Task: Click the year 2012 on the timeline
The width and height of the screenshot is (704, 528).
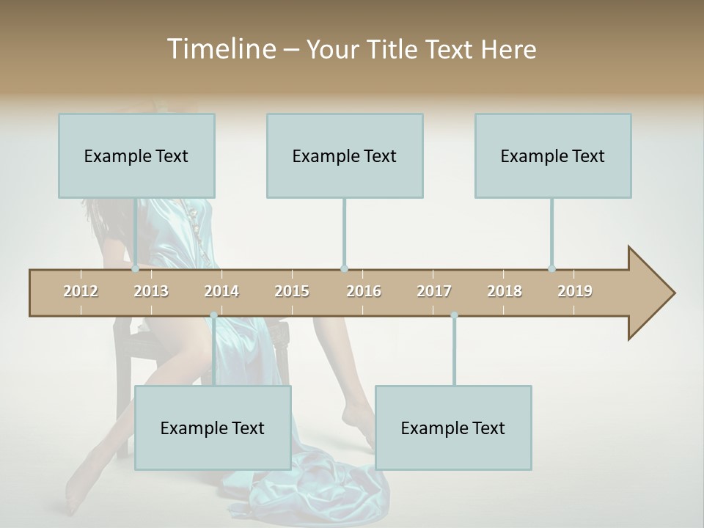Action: click(x=81, y=291)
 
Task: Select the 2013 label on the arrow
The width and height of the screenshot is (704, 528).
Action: click(x=151, y=291)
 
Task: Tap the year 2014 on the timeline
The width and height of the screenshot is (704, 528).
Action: click(x=221, y=291)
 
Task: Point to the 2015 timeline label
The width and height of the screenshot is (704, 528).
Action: click(x=292, y=291)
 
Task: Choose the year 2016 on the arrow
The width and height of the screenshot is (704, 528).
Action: click(x=364, y=291)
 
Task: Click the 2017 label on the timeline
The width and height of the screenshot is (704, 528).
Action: click(x=434, y=291)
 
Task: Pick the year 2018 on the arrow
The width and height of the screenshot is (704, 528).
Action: click(x=505, y=291)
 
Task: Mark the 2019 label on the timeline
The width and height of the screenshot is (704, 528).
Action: click(x=575, y=291)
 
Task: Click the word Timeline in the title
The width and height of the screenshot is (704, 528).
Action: click(x=220, y=49)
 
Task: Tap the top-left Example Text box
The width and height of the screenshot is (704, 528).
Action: click(x=136, y=155)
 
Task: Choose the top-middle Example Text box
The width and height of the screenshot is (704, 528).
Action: click(x=345, y=155)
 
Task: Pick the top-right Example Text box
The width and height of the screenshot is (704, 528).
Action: click(x=553, y=155)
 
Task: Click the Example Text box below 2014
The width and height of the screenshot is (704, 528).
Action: click(x=213, y=428)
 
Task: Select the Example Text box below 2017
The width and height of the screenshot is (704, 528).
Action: click(x=453, y=428)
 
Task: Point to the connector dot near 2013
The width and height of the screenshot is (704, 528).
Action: click(x=135, y=269)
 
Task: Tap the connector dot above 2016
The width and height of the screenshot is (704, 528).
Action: click(x=344, y=269)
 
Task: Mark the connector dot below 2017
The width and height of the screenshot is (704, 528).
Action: click(x=454, y=315)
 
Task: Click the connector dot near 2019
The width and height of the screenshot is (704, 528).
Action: click(x=551, y=269)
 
